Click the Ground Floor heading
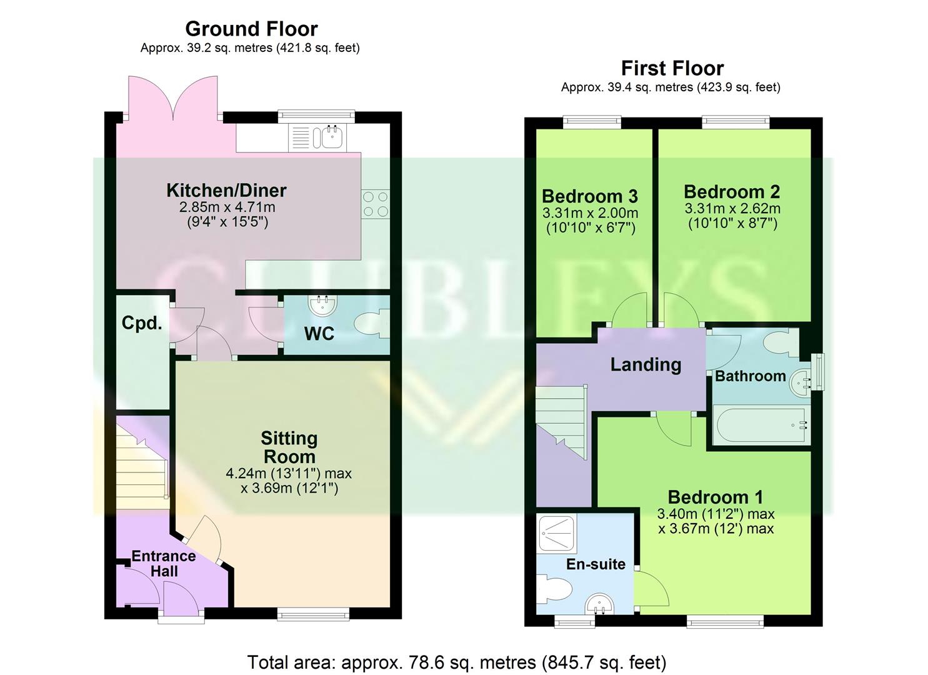pyautogui.click(x=251, y=29)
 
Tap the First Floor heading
pyautogui.click(x=672, y=68)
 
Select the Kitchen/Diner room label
pyautogui.click(x=226, y=190)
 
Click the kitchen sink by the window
pyautogui.click(x=327, y=136)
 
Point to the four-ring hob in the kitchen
pyautogui.click(x=376, y=204)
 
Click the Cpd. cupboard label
pyautogui.click(x=142, y=323)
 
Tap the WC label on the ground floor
pyautogui.click(x=319, y=334)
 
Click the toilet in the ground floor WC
pyautogui.click(x=371, y=325)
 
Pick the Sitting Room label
pyautogui.click(x=289, y=447)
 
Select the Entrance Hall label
pyautogui.click(x=164, y=563)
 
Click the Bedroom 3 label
pyautogui.click(x=589, y=196)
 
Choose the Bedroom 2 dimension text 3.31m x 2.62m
pyautogui.click(x=732, y=209)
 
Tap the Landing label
pyautogui.click(x=646, y=364)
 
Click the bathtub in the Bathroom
pyautogui.click(x=761, y=426)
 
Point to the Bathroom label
pyautogui.click(x=750, y=376)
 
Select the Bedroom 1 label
pyautogui.click(x=715, y=497)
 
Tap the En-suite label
pyautogui.click(x=596, y=564)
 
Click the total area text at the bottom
pyautogui.click(x=456, y=662)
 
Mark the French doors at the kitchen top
pyautogui.click(x=174, y=97)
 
